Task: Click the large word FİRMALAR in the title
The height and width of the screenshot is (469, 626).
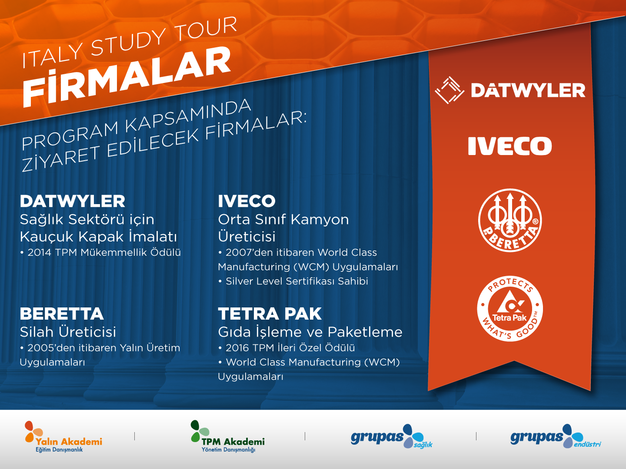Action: tap(127, 77)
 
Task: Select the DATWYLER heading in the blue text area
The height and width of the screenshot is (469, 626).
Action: tap(73, 201)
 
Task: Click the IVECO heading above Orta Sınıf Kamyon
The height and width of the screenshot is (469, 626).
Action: tap(246, 201)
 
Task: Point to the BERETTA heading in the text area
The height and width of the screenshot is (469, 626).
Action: tap(62, 314)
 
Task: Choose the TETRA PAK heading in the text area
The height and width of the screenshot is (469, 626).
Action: tap(270, 314)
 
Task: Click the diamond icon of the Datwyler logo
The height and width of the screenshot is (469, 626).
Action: tap(450, 90)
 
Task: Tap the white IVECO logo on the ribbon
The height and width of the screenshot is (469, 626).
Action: tap(510, 146)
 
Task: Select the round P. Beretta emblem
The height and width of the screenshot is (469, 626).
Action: tap(510, 221)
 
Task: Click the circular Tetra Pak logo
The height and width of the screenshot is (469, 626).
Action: tap(510, 309)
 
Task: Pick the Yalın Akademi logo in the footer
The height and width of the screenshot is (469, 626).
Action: tap(63, 436)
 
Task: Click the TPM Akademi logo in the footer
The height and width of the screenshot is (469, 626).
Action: tap(228, 436)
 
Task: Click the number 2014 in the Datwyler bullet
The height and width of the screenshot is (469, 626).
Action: tap(40, 253)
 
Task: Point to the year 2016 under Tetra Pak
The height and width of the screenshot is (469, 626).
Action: tap(237, 348)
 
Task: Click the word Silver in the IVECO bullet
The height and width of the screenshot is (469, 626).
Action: tap(239, 281)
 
